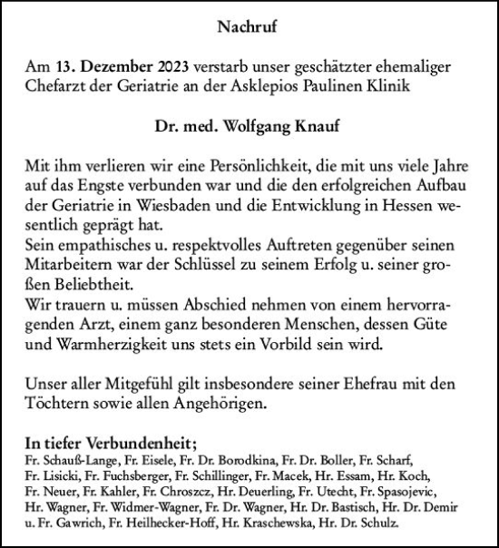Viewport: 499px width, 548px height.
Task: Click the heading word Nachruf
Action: tap(249, 26)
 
